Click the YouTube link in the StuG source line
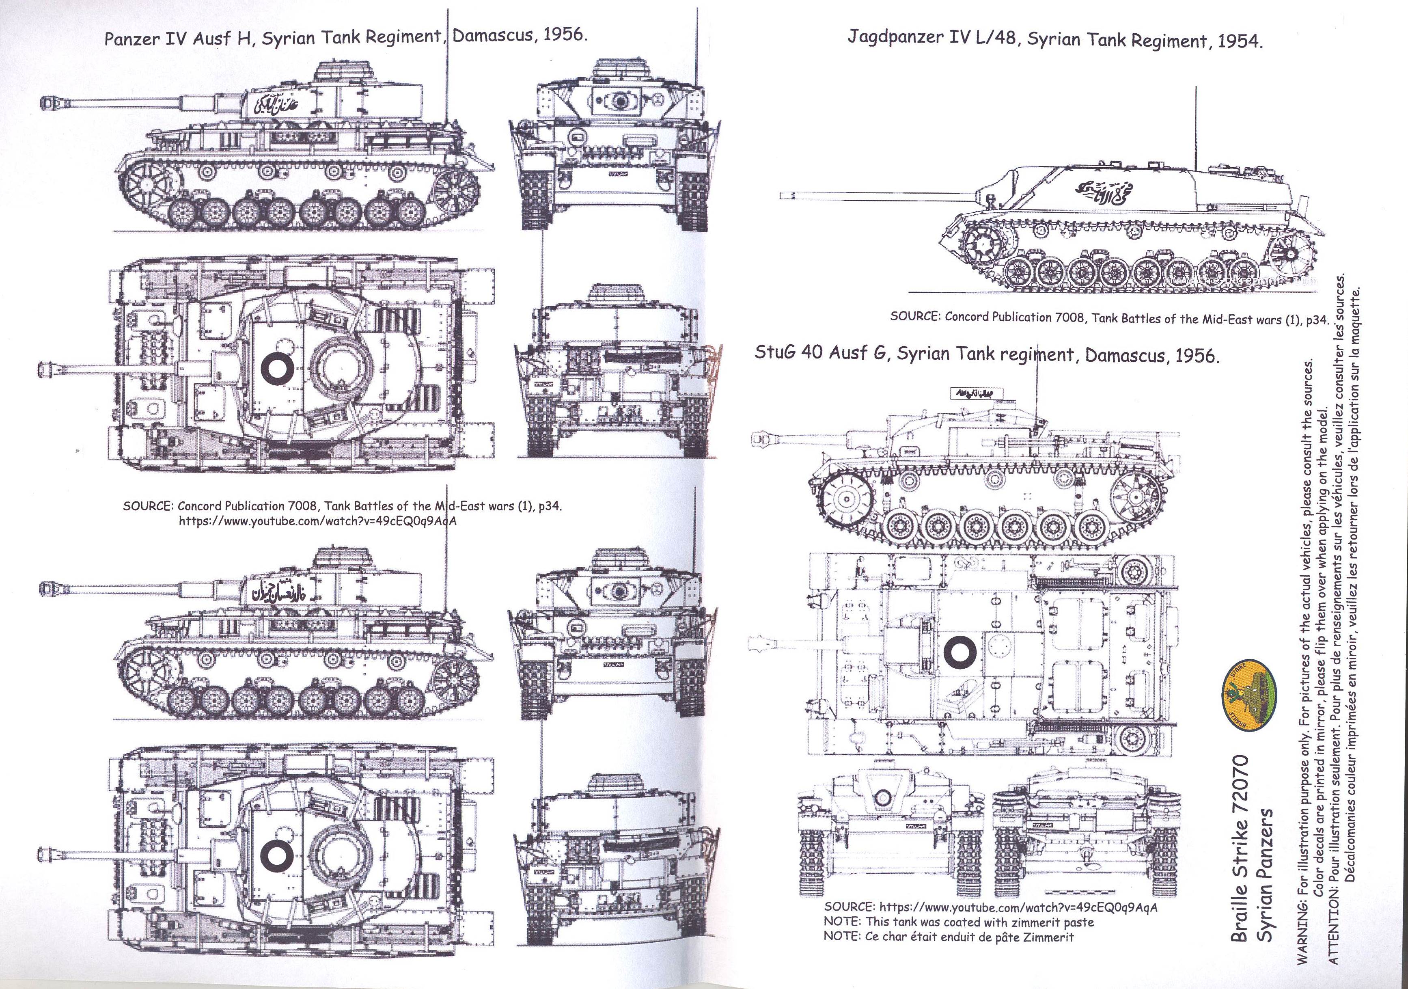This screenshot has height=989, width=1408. (1018, 907)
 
